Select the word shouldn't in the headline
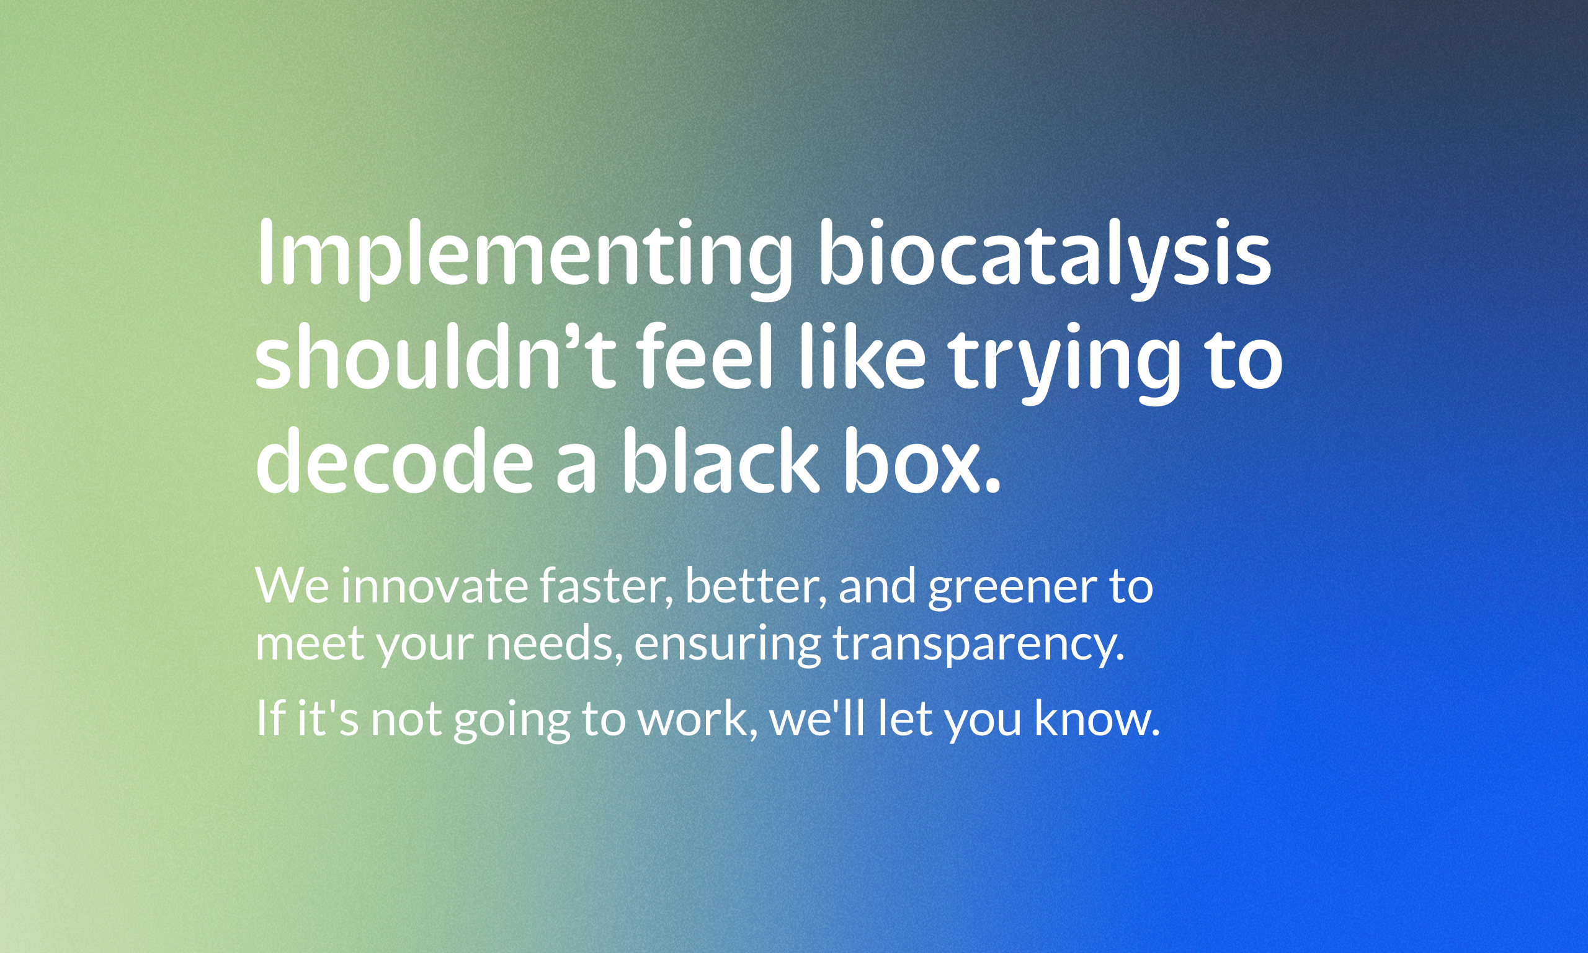click(436, 356)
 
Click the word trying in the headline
click(1065, 363)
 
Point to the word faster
click(607, 587)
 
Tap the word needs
click(554, 644)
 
